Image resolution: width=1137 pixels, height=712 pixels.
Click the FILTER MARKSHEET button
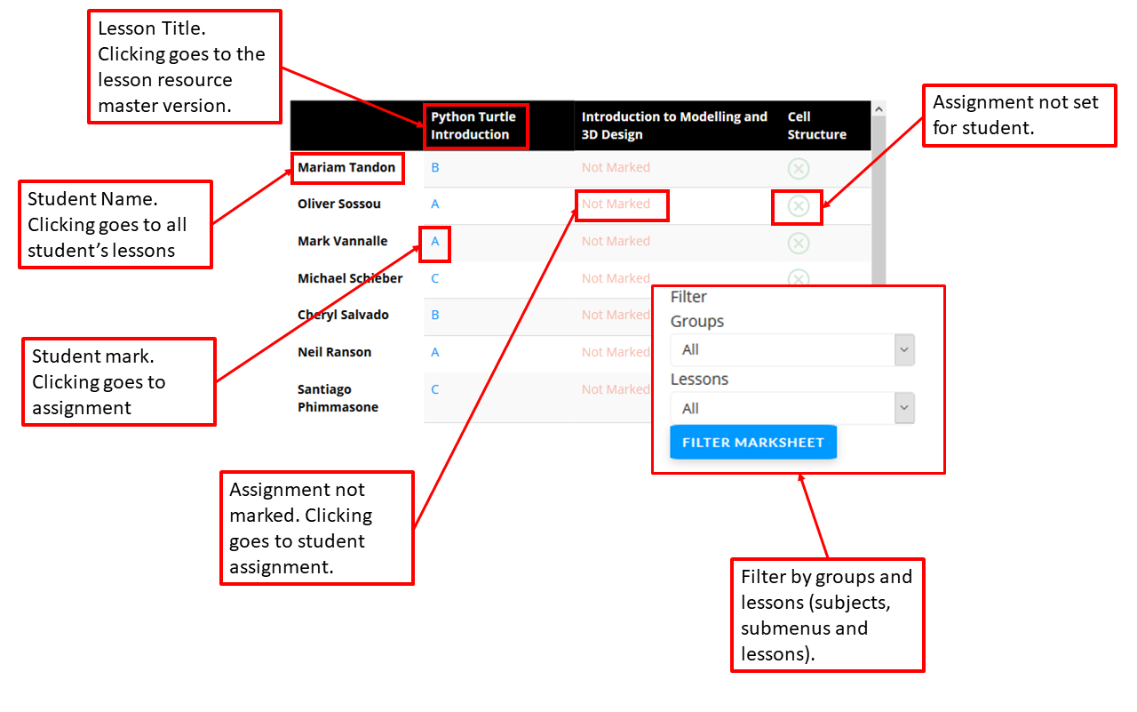(752, 442)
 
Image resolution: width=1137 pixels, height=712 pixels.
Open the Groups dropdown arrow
(904, 349)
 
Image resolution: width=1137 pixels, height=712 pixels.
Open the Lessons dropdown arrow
(904, 408)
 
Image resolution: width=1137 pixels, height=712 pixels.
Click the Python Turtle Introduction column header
(473, 125)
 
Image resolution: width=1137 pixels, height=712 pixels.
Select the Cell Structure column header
(816, 125)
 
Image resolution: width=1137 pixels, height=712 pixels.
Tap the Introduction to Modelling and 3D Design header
(674, 125)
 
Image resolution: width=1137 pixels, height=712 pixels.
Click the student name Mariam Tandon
(346, 167)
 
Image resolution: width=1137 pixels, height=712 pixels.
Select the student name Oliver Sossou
(339, 204)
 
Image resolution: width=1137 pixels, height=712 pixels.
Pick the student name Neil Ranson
(335, 352)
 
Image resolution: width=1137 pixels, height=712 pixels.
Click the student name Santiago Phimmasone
(338, 398)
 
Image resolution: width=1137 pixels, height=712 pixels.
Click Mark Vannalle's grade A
(435, 241)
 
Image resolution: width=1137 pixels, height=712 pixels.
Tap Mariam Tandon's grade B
(435, 168)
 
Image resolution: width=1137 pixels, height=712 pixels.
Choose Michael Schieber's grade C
(435, 278)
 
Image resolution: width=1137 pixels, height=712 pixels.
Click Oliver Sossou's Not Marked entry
(616, 204)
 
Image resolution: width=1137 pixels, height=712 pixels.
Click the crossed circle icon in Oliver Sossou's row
(799, 206)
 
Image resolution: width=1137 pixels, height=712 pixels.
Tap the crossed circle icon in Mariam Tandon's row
(799, 169)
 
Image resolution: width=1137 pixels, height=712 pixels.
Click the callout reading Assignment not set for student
(1019, 116)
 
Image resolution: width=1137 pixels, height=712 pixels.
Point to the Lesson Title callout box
(185, 67)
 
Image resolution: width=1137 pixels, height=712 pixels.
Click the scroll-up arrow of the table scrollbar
(879, 108)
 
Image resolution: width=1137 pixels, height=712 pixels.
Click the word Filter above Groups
(688, 297)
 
